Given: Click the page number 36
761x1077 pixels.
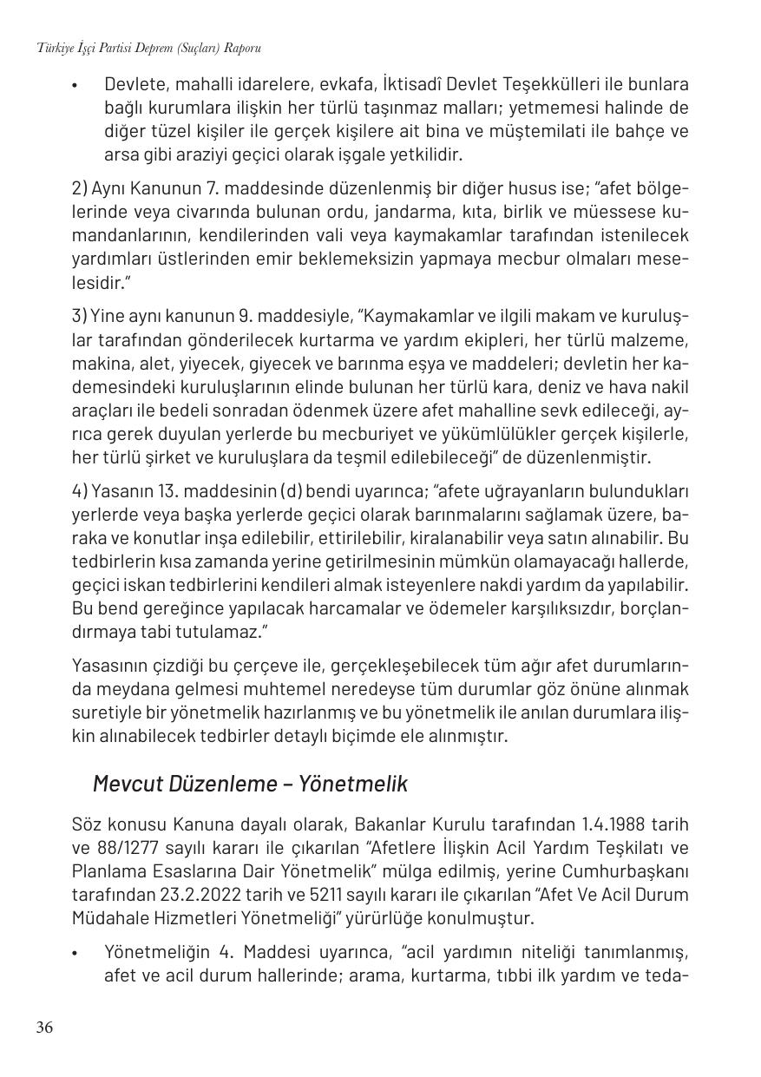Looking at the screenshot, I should pyautogui.click(x=44, y=1028).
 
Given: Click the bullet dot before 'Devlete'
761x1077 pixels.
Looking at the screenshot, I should pyautogui.click(x=76, y=85).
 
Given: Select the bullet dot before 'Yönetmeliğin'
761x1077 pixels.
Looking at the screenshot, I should pyautogui.click(x=76, y=953).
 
